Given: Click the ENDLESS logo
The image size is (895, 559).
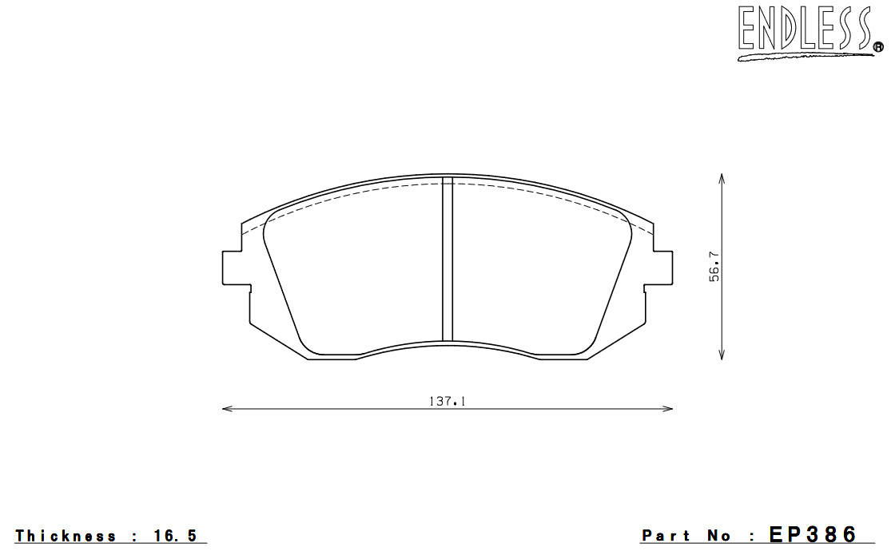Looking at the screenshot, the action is pyautogui.click(x=809, y=33).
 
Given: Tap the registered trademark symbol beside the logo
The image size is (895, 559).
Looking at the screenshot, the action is pyautogui.click(x=878, y=48).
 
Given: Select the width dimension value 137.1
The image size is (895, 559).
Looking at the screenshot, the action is pyautogui.click(x=447, y=402).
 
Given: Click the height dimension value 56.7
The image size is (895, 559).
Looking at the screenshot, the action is pyautogui.click(x=714, y=267).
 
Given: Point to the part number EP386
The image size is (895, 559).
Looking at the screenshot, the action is pyautogui.click(x=813, y=534).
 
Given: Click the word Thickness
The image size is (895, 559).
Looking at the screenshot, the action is pyautogui.click(x=66, y=536).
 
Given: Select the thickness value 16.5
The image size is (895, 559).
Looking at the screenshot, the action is pyautogui.click(x=175, y=536).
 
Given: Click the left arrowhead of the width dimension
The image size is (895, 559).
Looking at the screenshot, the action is pyautogui.click(x=228, y=408).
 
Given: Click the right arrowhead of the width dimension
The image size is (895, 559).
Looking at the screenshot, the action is pyautogui.click(x=667, y=408).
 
